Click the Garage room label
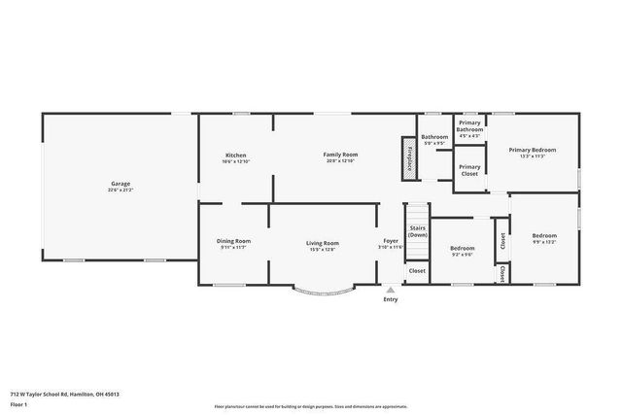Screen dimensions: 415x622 (121, 183)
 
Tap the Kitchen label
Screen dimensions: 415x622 (235, 155)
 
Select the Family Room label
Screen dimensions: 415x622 (341, 155)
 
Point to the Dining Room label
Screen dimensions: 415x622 (233, 241)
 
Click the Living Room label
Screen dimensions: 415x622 (323, 243)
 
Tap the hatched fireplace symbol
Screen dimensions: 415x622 (409, 158)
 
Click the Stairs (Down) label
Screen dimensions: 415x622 (418, 230)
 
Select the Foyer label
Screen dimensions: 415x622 (390, 241)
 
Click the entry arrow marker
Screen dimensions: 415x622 (390, 290)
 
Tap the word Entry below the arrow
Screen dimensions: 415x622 (390, 299)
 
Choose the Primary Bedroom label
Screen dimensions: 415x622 (532, 150)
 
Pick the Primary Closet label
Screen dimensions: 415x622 (469, 169)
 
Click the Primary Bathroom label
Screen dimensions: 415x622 (469, 125)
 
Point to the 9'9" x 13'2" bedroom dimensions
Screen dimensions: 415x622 (544, 242)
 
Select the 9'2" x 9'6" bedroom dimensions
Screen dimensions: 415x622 (462, 254)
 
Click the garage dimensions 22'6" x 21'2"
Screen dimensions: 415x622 (121, 190)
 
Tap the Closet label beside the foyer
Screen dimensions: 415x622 (417, 270)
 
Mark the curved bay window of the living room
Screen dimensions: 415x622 (322, 293)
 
